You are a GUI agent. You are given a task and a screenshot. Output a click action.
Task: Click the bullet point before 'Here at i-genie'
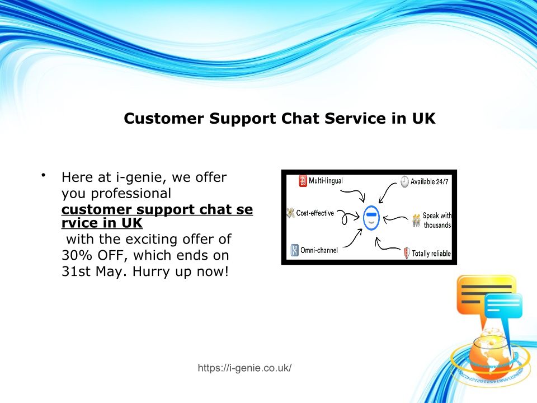44,175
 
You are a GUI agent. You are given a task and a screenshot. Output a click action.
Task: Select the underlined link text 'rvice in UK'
102,223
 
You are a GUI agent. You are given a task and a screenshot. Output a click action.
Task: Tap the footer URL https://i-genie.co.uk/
244,368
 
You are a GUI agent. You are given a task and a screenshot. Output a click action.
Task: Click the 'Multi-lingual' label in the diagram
326,181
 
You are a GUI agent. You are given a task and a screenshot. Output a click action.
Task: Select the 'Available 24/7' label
430,181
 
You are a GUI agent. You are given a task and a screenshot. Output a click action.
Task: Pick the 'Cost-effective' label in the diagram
315,213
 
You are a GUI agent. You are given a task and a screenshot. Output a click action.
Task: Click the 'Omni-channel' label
319,250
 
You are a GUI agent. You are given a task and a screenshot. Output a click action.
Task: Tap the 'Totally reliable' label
431,254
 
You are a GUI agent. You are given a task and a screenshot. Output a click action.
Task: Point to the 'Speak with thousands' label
437,221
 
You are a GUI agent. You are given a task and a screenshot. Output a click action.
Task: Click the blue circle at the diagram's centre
371,218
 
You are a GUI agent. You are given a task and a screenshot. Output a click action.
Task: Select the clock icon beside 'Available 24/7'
405,181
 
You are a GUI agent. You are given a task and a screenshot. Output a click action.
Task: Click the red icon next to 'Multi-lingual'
303,181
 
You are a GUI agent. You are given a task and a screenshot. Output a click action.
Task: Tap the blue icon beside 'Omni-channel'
295,250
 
